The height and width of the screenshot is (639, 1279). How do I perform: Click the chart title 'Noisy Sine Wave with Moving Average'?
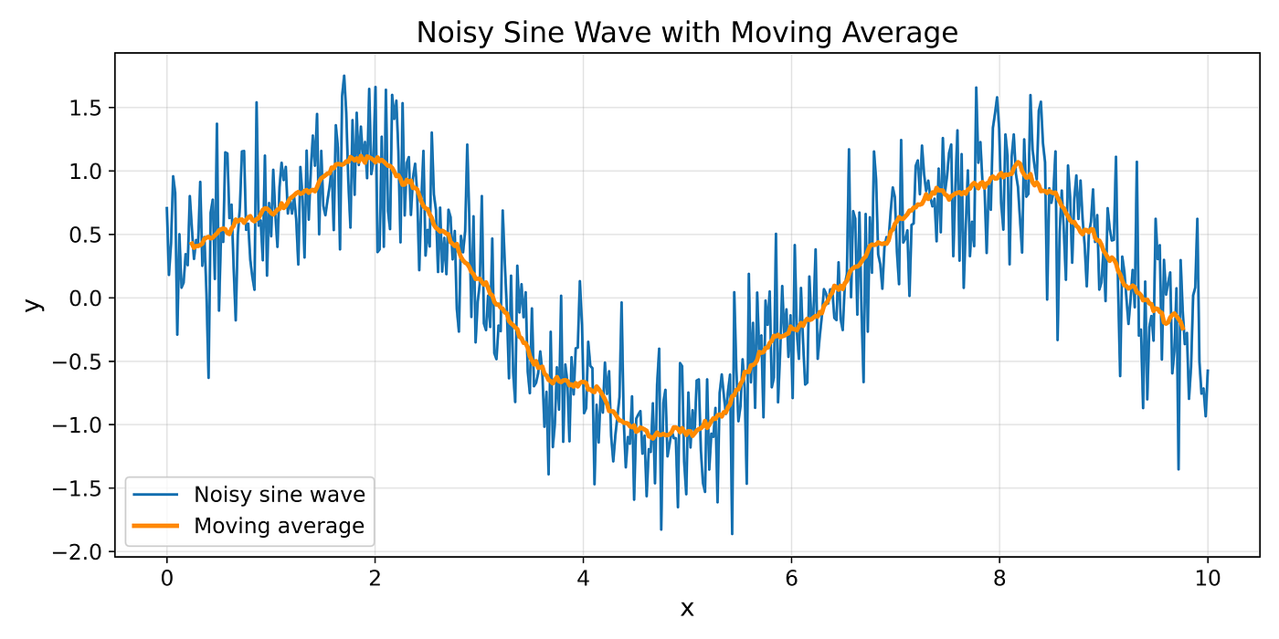[x=687, y=33]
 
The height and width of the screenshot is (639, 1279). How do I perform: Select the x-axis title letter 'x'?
[x=687, y=609]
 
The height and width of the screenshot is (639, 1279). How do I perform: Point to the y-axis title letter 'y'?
[x=34, y=305]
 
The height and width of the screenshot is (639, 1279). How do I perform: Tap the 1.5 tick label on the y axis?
[x=84, y=108]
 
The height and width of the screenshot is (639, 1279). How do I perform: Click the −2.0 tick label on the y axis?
[x=77, y=552]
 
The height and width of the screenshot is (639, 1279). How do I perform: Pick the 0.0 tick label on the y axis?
[x=84, y=299]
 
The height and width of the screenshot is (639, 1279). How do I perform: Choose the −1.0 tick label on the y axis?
[x=77, y=425]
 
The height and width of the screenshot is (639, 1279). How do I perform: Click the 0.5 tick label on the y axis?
[x=84, y=235]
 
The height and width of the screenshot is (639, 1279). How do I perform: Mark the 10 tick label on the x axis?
[x=1208, y=579]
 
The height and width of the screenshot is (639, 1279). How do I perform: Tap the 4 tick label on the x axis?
[x=583, y=579]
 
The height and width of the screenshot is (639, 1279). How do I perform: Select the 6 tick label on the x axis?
[x=791, y=579]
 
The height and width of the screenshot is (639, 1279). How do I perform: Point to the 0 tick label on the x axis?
[x=166, y=579]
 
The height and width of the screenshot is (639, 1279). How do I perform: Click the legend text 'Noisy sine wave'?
[x=280, y=495]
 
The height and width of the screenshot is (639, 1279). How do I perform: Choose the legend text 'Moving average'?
[x=279, y=526]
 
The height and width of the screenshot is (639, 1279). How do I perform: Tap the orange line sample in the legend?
[x=155, y=526]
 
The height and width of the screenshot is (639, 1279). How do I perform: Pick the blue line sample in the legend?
[x=155, y=495]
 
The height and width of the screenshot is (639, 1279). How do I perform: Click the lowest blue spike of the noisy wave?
[x=732, y=534]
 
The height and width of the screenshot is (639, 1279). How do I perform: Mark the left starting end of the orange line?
[x=191, y=244]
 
